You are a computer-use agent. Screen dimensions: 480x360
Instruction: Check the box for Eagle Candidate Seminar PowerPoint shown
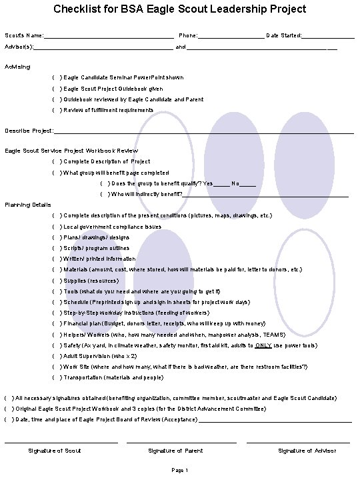pyautogui.click(x=56, y=78)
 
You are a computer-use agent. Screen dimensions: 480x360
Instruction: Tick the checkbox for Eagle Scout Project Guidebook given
pyautogui.click(x=56, y=89)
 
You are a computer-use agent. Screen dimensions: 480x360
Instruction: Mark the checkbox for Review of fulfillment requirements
pyautogui.click(x=56, y=110)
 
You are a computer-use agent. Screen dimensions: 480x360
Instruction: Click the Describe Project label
pyautogui.click(x=29, y=131)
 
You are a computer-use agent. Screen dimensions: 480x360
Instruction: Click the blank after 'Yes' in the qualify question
pyautogui.click(x=221, y=183)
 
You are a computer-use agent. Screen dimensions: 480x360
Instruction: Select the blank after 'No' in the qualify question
pyautogui.click(x=247, y=183)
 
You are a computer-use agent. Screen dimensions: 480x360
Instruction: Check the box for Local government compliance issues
pyautogui.click(x=56, y=227)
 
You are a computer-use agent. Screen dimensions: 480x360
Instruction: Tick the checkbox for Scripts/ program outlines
pyautogui.click(x=56, y=248)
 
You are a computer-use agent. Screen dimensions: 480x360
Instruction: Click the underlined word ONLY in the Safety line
pyautogui.click(x=263, y=345)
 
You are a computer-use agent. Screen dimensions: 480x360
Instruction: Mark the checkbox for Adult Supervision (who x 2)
pyautogui.click(x=56, y=356)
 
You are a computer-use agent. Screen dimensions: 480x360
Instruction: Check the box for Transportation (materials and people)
pyautogui.click(x=56, y=377)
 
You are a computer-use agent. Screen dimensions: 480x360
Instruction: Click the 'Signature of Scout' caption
pyautogui.click(x=55, y=451)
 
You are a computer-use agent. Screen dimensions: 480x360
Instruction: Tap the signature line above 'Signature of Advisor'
pyautogui.click(x=298, y=441)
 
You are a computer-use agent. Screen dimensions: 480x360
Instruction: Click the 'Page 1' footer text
pyautogui.click(x=180, y=471)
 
